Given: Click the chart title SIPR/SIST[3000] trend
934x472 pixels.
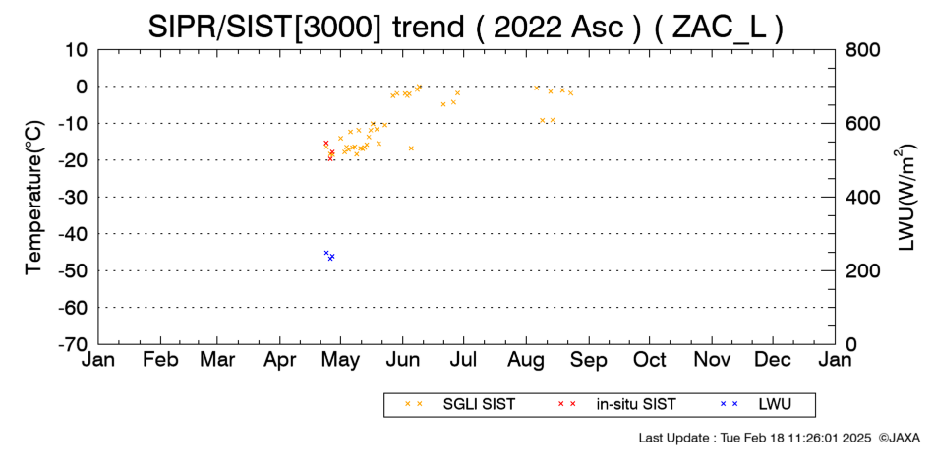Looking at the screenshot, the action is pos(306,27).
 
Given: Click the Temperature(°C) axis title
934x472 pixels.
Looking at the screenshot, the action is pos(34,198).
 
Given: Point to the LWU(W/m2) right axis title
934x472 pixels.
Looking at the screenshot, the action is pos(905,198).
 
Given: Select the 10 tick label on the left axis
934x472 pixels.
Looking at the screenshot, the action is pos(77,50).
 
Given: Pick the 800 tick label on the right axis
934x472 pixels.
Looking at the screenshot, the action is pos(863,50).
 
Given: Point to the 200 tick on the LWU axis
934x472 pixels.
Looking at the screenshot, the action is pos(863,271).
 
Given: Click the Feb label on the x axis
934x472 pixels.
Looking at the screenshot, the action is pos(160,360).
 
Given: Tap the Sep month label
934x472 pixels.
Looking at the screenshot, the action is pos(589,360).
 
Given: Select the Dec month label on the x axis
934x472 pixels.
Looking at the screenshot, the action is pos(773,360).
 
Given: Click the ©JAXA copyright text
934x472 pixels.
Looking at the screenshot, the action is pos(899,438).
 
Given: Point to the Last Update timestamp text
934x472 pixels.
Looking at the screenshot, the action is pos(755,438).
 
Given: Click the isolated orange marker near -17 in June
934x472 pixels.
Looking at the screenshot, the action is pos(411,148).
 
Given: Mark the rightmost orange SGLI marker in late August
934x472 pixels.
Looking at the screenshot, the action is pos(570,93).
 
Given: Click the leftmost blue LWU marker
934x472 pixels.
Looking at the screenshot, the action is pos(326,253).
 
